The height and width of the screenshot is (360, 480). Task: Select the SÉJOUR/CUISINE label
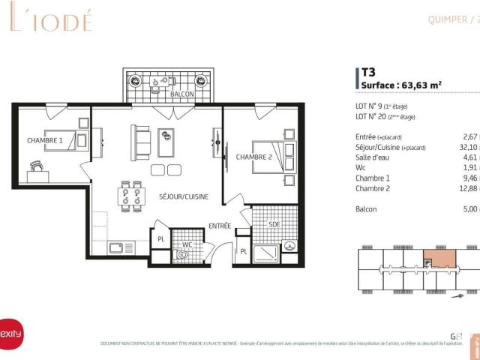click(x=184, y=196)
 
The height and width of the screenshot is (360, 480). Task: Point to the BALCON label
click(x=182, y=94)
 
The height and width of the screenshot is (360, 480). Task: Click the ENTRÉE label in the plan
click(x=220, y=225)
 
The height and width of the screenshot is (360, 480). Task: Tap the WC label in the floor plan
click(x=187, y=244)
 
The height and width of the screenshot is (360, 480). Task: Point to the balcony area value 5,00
click(x=470, y=209)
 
